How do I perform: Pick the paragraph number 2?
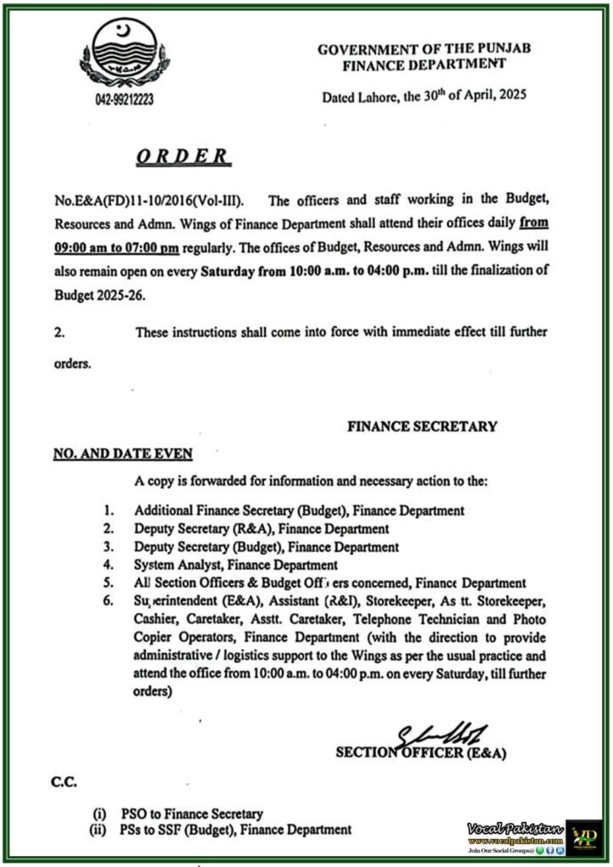[58, 332]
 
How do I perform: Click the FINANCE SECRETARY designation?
[422, 427]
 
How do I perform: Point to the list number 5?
[108, 583]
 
